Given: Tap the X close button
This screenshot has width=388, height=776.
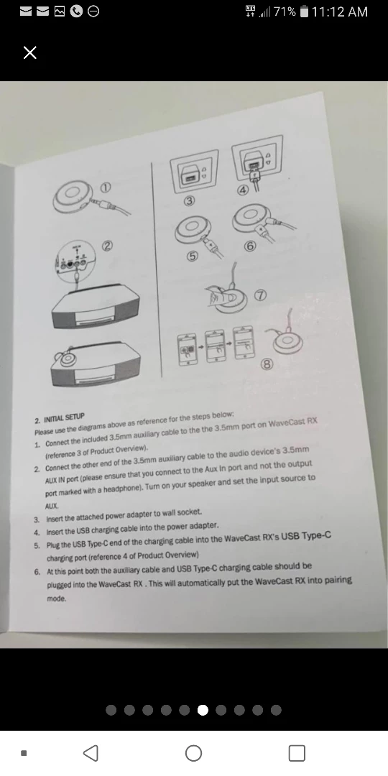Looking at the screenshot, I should pos(29,52).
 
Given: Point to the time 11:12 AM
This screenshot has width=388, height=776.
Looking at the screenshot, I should pos(340,11).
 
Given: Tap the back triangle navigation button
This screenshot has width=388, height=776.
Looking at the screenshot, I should pos(91,752).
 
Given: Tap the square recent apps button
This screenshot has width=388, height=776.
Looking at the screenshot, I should pos(296,752).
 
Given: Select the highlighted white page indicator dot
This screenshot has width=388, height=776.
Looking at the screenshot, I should pos(203,710).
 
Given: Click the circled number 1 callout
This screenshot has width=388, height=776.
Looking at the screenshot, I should pos(106,186).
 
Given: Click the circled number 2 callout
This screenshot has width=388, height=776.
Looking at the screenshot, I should pos(108,247).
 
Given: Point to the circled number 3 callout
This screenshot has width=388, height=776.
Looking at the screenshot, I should pos(189,200).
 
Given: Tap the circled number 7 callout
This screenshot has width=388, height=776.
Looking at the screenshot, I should pos(259,296).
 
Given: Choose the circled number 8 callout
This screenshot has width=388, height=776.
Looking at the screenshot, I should pos(267,364).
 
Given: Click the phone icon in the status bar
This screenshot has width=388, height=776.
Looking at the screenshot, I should pos(75,11).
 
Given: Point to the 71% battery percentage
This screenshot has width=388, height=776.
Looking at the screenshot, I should pos(284,11).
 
